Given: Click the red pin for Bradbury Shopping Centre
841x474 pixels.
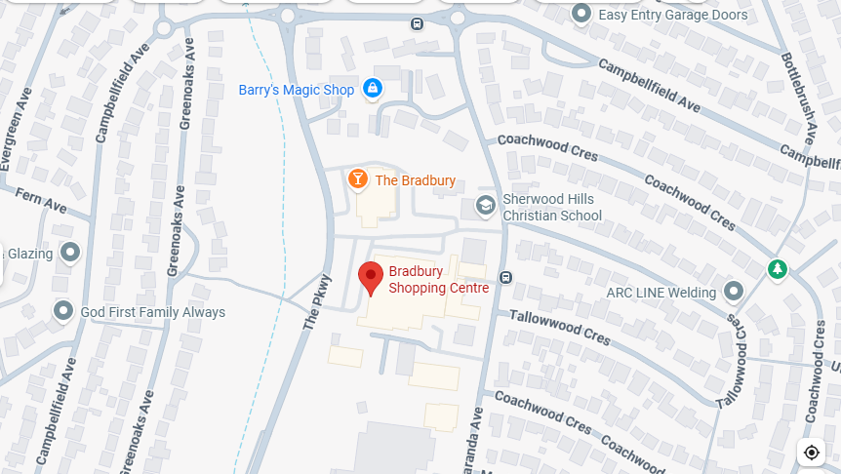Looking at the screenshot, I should tap(371, 277).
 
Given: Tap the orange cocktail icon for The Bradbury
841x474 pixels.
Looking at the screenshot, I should tap(358, 179).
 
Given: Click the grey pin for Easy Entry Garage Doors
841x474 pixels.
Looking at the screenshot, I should tap(581, 14).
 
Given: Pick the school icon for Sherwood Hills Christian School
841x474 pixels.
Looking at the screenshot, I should tap(485, 206).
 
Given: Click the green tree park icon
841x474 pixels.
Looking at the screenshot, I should tap(777, 268).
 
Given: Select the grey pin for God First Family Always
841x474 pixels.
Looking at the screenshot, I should tap(63, 311).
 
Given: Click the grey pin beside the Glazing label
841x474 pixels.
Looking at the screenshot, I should tap(69, 254).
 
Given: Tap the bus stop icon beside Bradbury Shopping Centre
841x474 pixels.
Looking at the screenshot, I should tap(505, 277).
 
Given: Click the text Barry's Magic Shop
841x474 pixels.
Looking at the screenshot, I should tap(297, 90).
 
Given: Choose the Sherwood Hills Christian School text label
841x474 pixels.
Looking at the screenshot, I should tap(551, 207).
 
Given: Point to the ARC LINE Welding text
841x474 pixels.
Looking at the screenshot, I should tap(661, 292).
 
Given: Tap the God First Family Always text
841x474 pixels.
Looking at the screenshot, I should tap(152, 312).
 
